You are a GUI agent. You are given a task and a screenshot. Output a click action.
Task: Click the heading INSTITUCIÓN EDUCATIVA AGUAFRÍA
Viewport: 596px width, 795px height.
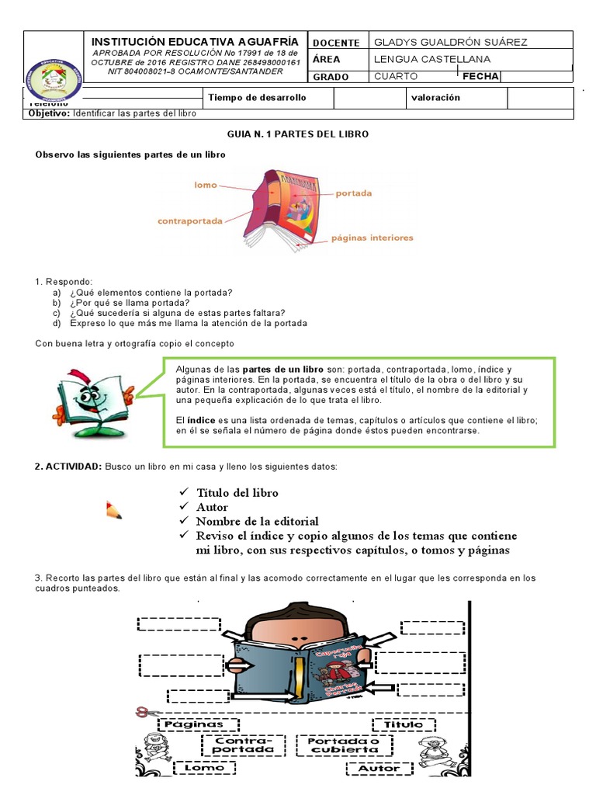click(x=196, y=41)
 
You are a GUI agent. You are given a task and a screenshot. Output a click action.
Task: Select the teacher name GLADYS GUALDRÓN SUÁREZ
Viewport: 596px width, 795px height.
click(x=450, y=42)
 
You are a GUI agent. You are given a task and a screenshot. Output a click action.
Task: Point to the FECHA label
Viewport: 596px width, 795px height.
click(x=480, y=76)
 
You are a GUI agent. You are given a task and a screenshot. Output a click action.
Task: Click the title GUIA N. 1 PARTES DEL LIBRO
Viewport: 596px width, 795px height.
click(x=298, y=134)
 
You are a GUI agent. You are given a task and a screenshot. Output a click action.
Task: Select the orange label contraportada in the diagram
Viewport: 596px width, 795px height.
click(x=190, y=220)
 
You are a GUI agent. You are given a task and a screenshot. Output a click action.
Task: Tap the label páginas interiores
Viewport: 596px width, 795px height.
click(x=372, y=238)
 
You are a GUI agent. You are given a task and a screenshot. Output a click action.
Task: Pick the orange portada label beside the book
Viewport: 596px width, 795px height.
click(x=353, y=193)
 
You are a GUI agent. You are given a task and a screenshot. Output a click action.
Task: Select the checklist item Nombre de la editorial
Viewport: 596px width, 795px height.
click(x=257, y=521)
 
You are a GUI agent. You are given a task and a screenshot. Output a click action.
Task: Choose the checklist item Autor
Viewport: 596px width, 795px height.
click(x=212, y=507)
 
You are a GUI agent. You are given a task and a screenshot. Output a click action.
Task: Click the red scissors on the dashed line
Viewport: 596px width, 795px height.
click(x=142, y=711)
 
